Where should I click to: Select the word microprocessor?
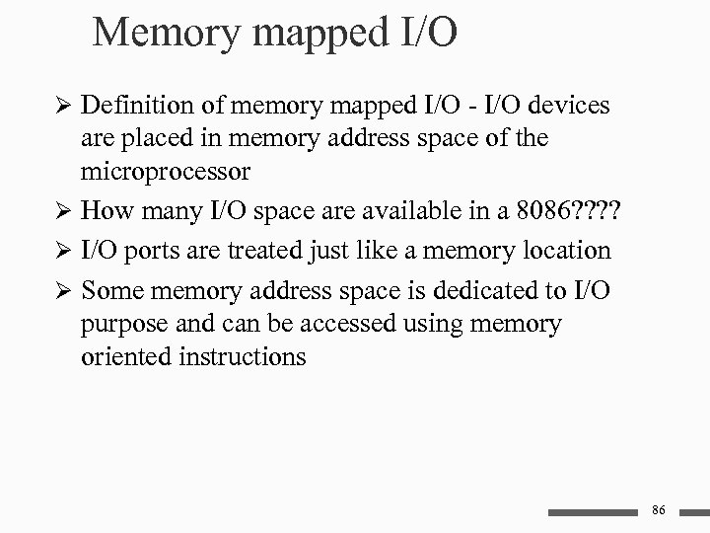[166, 172]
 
